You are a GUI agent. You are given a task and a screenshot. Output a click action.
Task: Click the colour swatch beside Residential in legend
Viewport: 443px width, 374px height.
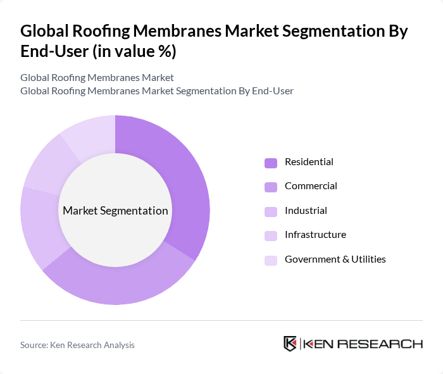[271, 163]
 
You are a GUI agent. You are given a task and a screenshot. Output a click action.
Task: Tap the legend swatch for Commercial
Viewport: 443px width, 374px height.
[271, 187]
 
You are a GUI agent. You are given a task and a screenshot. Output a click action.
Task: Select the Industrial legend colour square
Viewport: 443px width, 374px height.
[271, 211]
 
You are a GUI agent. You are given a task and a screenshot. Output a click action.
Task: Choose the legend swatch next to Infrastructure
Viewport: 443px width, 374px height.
[271, 235]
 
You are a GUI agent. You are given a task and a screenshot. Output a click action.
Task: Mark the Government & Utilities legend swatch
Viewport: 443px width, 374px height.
[271, 260]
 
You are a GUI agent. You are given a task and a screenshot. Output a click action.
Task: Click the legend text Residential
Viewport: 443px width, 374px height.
[309, 162]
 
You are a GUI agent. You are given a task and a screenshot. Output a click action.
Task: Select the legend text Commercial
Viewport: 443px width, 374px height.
[311, 186]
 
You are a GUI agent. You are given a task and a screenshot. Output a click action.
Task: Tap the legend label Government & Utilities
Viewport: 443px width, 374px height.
[335, 259]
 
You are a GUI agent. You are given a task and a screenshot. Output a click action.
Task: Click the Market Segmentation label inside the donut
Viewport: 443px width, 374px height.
[115, 211]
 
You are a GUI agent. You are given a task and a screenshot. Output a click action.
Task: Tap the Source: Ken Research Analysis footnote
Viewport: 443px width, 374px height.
[77, 345]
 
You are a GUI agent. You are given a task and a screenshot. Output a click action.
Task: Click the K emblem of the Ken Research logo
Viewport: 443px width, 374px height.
[290, 344]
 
